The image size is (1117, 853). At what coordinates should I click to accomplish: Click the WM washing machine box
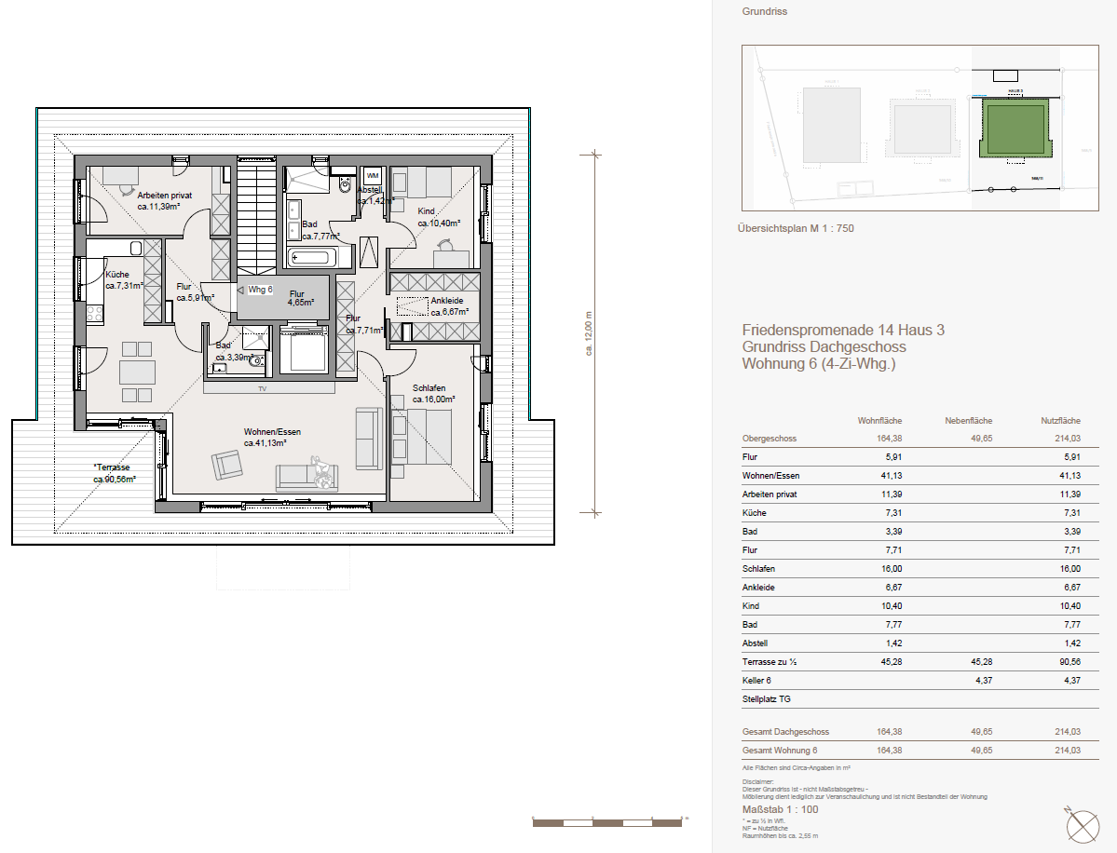point(373,175)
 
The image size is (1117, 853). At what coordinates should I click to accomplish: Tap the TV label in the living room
point(263,388)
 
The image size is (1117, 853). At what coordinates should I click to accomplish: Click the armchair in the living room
point(226,463)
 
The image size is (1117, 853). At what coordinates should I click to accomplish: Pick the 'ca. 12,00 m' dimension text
point(588,332)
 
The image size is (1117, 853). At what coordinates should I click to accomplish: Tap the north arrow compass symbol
point(1083,825)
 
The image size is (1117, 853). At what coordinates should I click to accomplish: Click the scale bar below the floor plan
point(607,822)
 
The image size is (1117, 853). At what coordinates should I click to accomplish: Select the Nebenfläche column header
point(967,421)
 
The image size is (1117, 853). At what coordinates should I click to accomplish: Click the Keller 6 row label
point(757,681)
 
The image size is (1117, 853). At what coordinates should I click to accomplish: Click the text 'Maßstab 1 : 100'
point(780,809)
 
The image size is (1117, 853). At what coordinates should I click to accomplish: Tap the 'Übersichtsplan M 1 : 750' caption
point(795,228)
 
